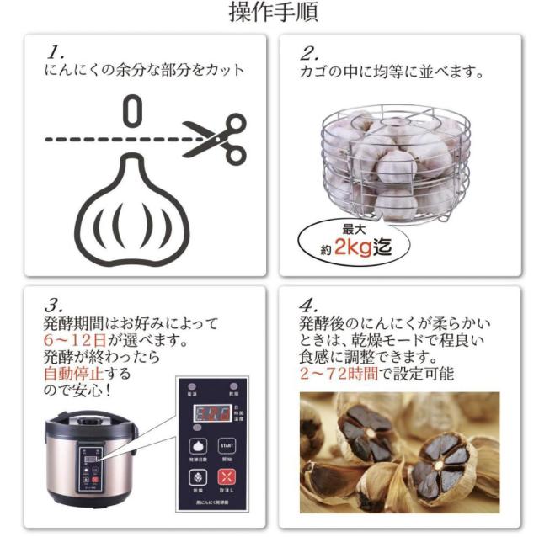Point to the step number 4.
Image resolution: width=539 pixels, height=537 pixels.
[x=308, y=302]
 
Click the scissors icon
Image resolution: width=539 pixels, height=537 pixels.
[x=214, y=139]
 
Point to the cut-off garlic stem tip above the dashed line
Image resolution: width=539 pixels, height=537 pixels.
[x=131, y=110]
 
